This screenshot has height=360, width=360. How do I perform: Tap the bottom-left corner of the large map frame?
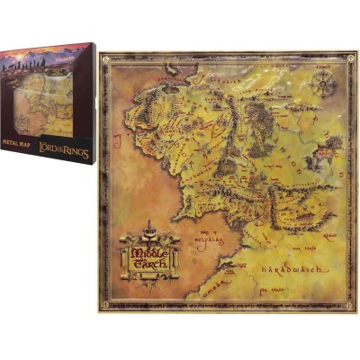tap(102, 309)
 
